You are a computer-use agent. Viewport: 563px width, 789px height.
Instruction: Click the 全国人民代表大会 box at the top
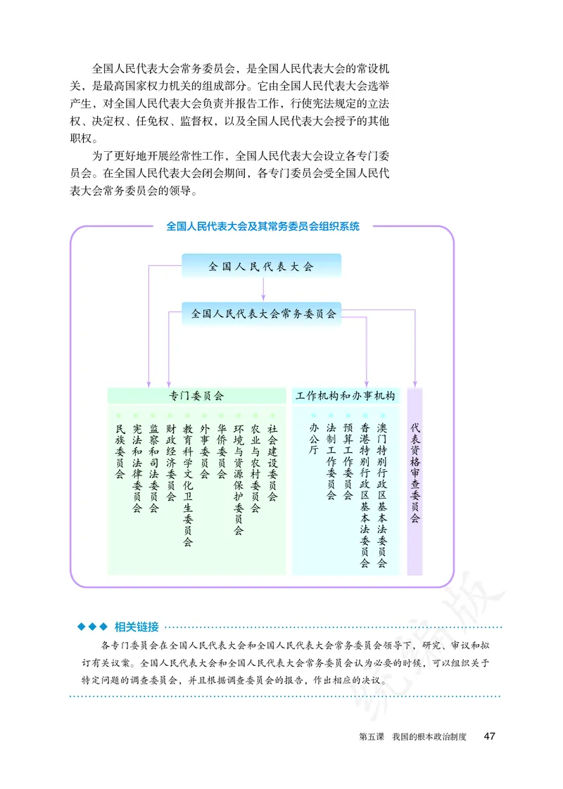coord(261,266)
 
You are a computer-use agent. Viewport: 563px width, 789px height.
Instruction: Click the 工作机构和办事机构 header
coord(346,397)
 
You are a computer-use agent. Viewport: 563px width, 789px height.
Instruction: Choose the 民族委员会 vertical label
coord(120,451)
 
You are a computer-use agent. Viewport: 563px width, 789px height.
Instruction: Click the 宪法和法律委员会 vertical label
coord(137,468)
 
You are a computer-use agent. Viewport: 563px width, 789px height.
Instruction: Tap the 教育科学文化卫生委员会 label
coord(188,485)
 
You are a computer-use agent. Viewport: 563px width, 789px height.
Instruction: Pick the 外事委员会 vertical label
coord(205,451)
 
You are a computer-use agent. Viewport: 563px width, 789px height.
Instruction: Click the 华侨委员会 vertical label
coord(222,451)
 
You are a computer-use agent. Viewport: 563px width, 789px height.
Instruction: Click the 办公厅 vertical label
coord(314,440)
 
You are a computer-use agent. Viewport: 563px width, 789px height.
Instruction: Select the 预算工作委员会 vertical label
coord(348,461)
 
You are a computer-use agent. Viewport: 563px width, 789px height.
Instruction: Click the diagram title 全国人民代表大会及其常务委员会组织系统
coord(262,226)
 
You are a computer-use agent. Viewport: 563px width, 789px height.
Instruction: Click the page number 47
coord(490,736)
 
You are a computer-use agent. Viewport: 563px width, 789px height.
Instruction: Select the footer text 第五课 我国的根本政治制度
coord(412,736)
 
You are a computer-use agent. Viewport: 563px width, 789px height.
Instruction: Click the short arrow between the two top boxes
coord(262,289)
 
